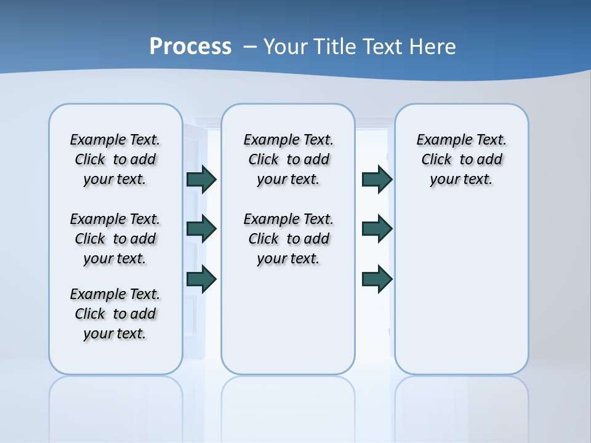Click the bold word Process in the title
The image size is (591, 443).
[x=190, y=46]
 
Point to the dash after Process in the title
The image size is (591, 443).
[x=250, y=47]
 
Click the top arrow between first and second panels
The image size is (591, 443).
[x=201, y=179]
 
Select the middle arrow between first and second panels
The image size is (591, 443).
[x=201, y=229]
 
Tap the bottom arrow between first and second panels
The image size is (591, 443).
[x=201, y=279]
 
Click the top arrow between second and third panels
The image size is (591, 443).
[x=377, y=179]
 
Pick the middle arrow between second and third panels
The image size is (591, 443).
[x=377, y=229]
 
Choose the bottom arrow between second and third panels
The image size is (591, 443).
[x=377, y=279]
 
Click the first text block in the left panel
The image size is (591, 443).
[x=115, y=159]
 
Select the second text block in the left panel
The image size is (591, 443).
[x=115, y=239]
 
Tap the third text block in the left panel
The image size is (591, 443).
[x=115, y=314]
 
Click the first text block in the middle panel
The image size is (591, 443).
[x=288, y=159]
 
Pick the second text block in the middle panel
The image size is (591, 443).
[x=288, y=239]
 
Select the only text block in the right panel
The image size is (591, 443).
[x=462, y=159]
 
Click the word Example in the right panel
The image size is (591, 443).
[x=439, y=140]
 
